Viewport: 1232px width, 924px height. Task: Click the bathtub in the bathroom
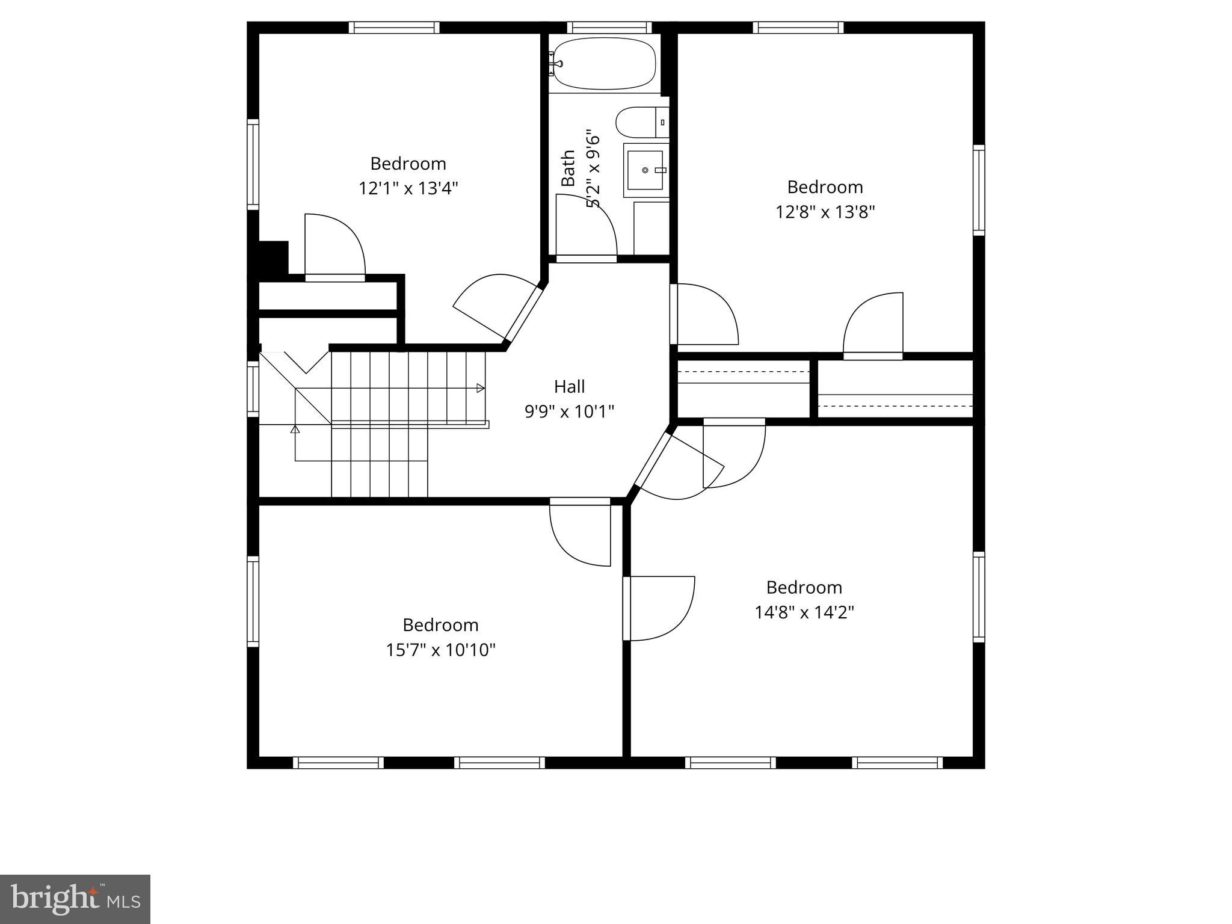[x=603, y=63]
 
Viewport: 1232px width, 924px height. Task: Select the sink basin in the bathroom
[x=645, y=170]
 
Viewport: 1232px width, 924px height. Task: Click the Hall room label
[x=569, y=386]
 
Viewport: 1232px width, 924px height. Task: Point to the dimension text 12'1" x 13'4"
[x=408, y=188]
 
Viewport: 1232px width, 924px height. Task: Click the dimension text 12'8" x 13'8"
[x=825, y=212]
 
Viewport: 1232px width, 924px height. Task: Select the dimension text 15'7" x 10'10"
[x=440, y=650]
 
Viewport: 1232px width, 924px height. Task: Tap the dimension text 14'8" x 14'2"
[x=804, y=612]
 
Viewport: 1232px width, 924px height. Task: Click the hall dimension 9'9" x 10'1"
[x=569, y=411]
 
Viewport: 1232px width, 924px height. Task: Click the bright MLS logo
[x=75, y=899]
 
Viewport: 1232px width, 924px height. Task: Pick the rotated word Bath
[x=568, y=168]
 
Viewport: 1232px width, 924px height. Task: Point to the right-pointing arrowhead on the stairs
[x=481, y=388]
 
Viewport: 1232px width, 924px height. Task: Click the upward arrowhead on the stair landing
[x=295, y=429]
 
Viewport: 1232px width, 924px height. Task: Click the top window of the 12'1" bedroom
[x=394, y=28]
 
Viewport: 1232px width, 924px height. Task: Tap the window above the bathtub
[x=609, y=28]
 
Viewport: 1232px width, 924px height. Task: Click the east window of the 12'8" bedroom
[x=979, y=190]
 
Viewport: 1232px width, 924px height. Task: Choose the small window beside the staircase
[x=253, y=388]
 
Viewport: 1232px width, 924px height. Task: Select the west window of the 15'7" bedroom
[x=253, y=602]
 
